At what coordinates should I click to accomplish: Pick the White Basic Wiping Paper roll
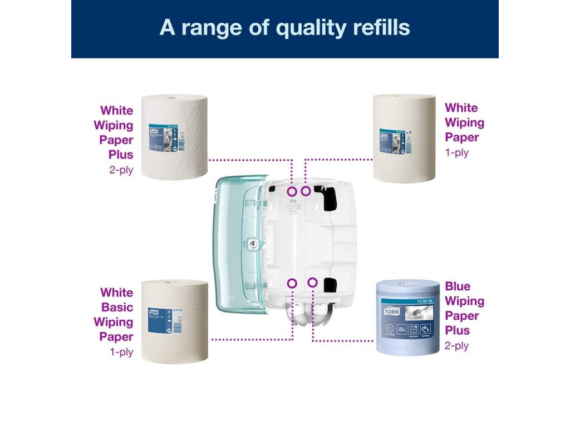pos(174,321)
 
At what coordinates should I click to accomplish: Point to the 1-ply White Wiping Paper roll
pos(404,138)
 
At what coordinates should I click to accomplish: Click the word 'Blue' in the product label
pos(458,286)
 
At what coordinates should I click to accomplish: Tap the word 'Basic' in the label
pos(117,307)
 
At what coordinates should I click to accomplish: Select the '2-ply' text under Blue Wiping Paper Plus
pos(456,346)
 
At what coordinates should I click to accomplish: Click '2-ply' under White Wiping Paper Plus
pos(121,170)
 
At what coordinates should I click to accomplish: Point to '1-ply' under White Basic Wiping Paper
pos(121,352)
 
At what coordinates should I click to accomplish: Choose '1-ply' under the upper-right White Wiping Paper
pos(457,152)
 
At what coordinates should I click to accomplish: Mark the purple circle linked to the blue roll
pos(312,283)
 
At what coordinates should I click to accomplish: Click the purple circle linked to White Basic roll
pos(292,283)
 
